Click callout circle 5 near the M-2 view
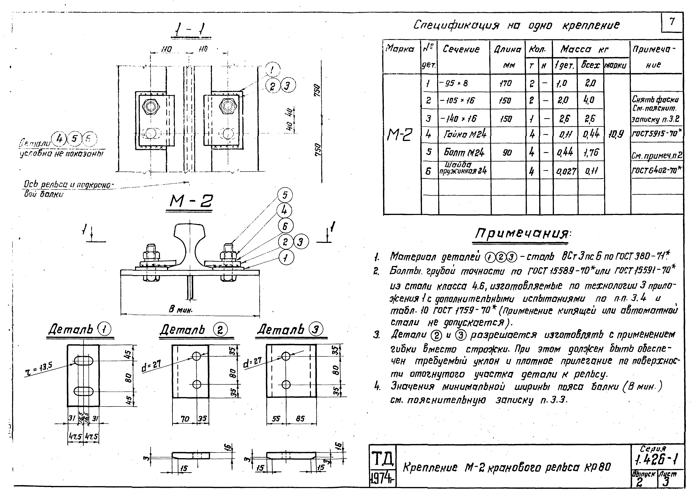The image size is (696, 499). (x=285, y=195)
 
